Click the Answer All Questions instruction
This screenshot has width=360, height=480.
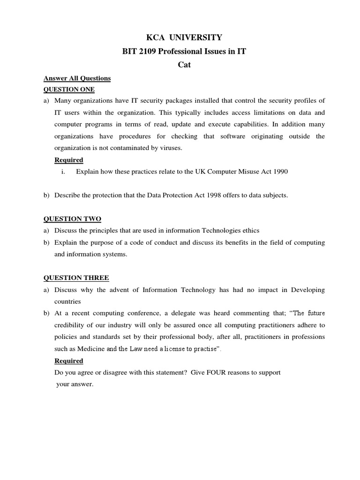click(x=77, y=78)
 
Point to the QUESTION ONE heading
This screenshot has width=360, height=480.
click(x=69, y=89)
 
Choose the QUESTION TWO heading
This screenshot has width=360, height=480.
click(x=72, y=219)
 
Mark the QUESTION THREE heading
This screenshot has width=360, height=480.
click(x=76, y=278)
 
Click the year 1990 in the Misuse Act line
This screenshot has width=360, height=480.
click(x=279, y=172)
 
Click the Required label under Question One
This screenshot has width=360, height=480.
click(x=69, y=160)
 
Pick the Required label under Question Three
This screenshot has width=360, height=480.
click(x=69, y=361)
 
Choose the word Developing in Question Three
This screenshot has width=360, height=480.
click(x=308, y=290)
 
